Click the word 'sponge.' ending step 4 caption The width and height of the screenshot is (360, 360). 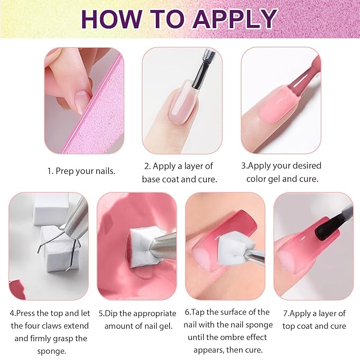(44, 351)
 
